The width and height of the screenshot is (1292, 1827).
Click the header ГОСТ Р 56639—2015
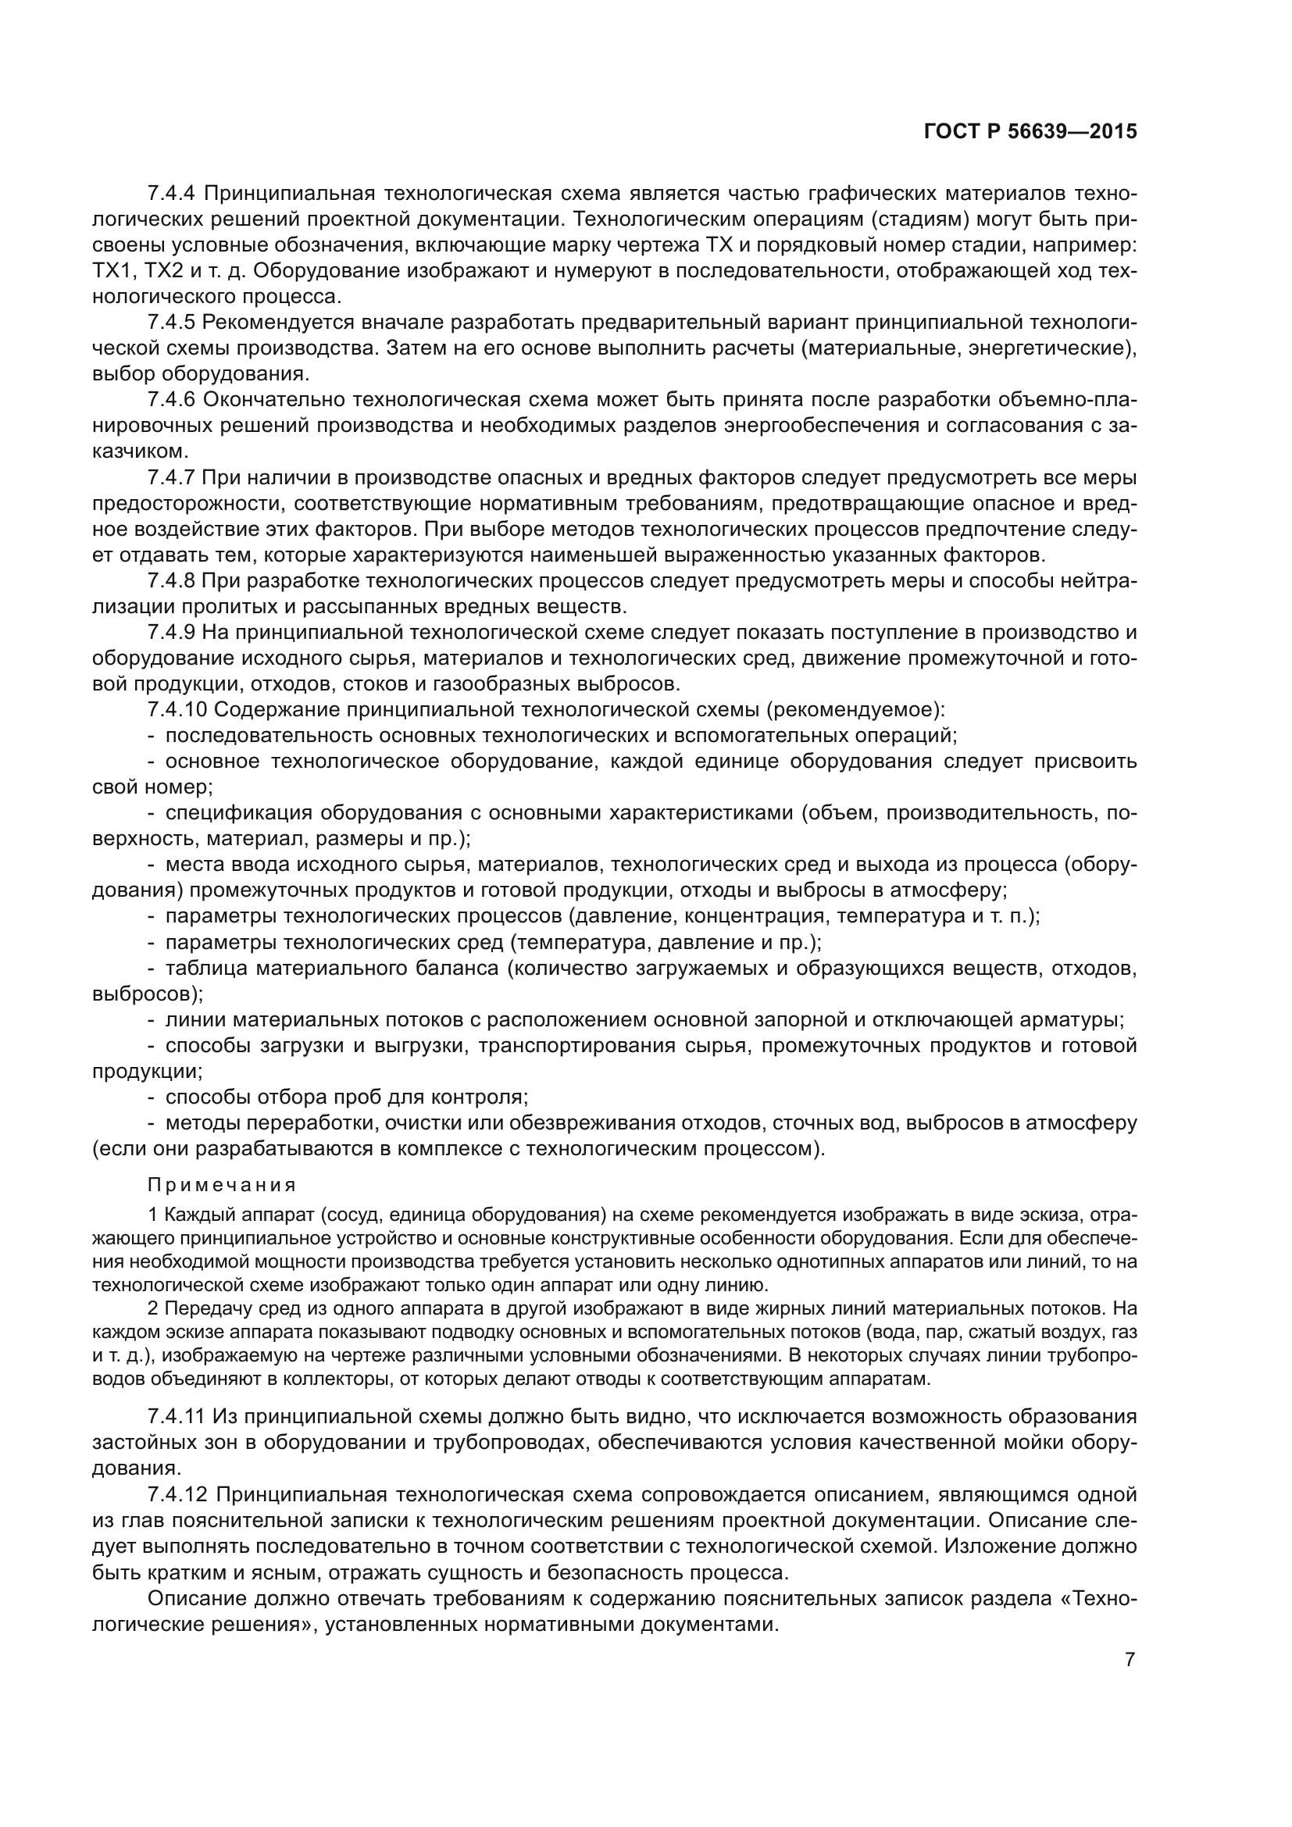tap(1030, 131)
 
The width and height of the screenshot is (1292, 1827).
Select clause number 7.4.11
tap(177, 1416)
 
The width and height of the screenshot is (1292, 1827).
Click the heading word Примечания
tap(222, 1185)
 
